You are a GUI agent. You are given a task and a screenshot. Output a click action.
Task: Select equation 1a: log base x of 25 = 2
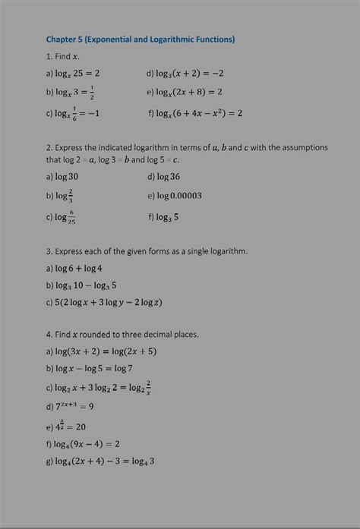point(77,74)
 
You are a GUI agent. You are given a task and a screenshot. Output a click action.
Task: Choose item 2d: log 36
point(168,176)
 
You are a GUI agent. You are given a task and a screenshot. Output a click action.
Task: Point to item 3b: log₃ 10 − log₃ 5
point(84,285)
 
